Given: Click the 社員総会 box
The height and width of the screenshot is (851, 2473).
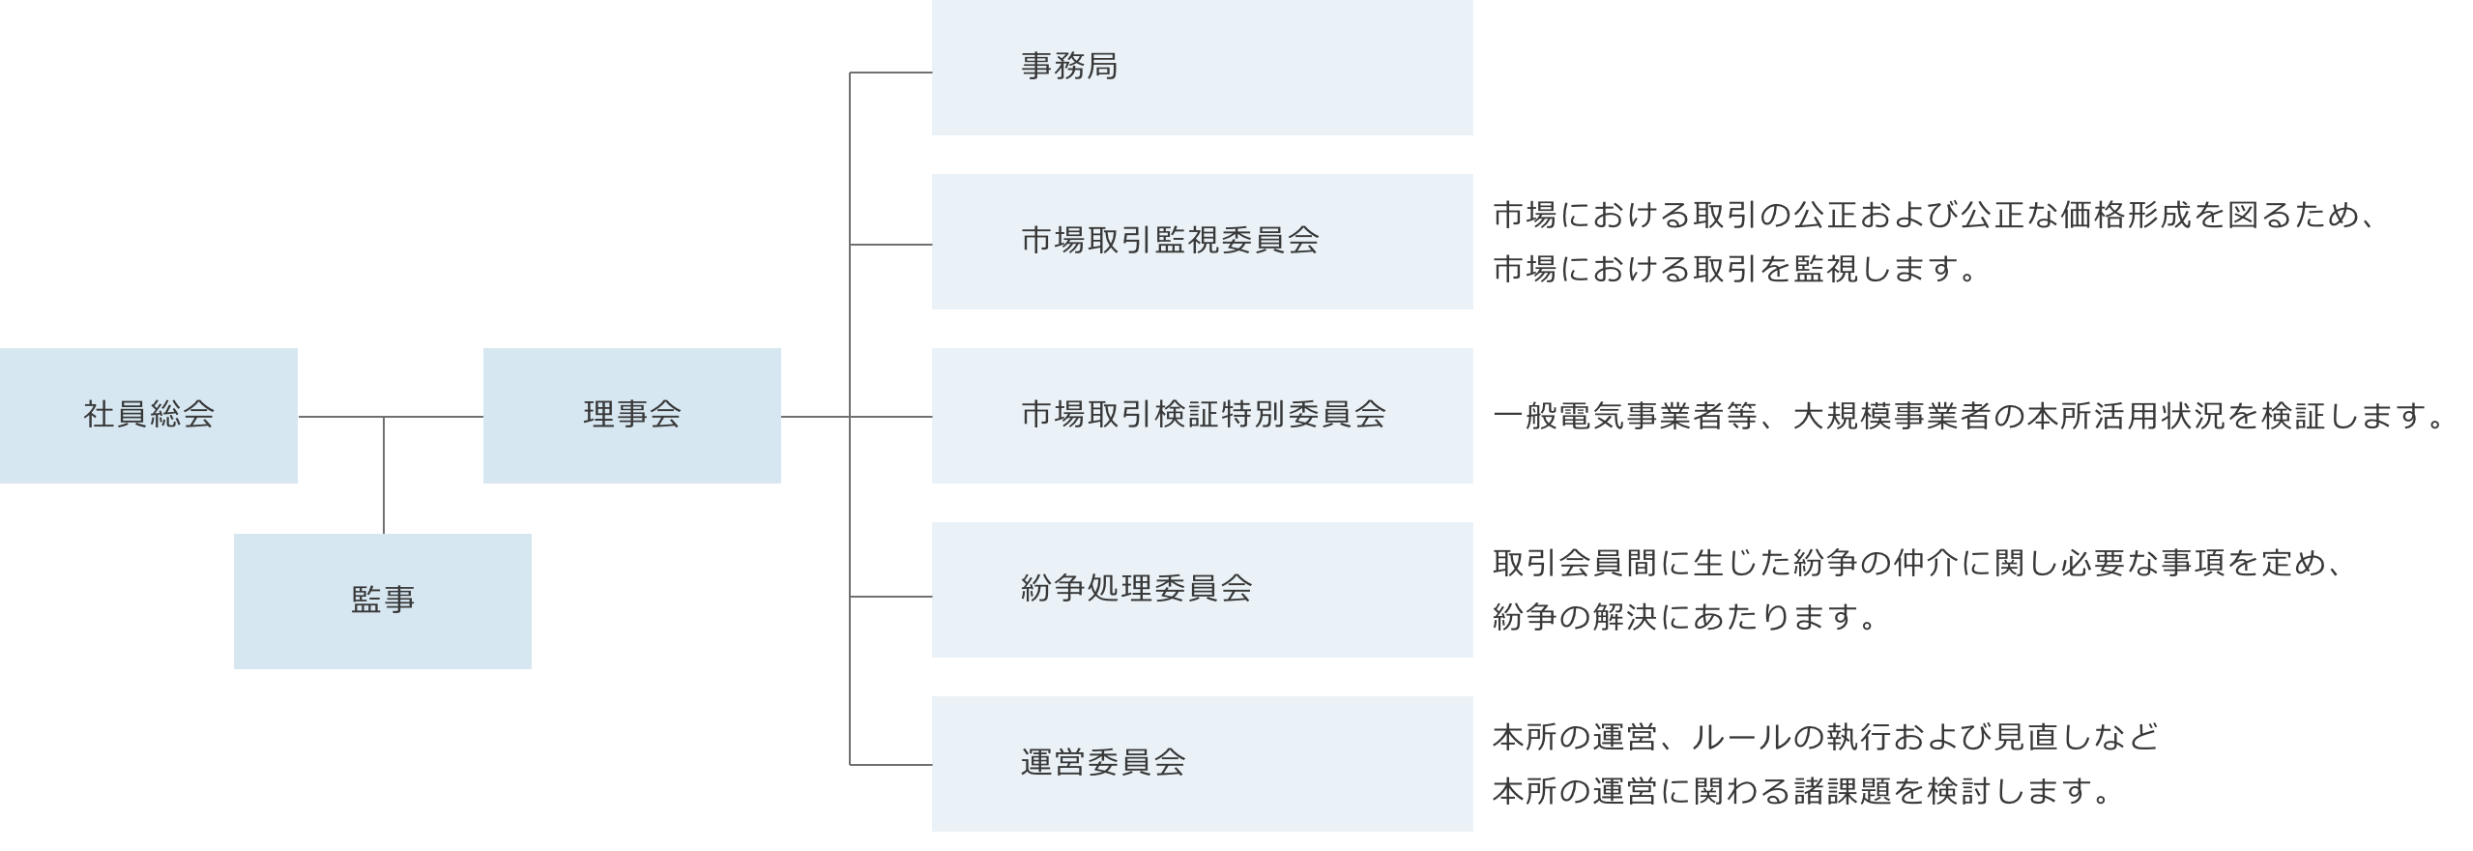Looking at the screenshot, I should (149, 416).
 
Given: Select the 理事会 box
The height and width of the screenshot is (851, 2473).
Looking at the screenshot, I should (632, 416).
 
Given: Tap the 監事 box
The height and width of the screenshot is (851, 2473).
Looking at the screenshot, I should (383, 602).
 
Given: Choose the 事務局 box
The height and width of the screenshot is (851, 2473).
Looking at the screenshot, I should (1202, 68).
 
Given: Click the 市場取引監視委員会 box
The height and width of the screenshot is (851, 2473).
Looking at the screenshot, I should (1202, 242).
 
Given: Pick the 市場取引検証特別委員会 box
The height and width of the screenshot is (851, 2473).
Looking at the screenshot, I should (1202, 416).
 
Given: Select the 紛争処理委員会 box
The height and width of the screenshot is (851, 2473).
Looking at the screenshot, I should (1202, 590).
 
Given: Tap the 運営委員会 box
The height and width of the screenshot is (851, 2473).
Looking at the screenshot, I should (1202, 764).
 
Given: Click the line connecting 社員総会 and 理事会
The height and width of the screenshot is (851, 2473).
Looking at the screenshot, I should (435, 418).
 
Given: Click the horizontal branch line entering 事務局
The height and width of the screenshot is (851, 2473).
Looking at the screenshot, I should (890, 73).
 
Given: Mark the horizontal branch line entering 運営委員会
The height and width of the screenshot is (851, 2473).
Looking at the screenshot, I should (890, 765).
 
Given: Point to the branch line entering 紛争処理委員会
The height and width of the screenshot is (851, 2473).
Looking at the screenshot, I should (890, 597).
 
